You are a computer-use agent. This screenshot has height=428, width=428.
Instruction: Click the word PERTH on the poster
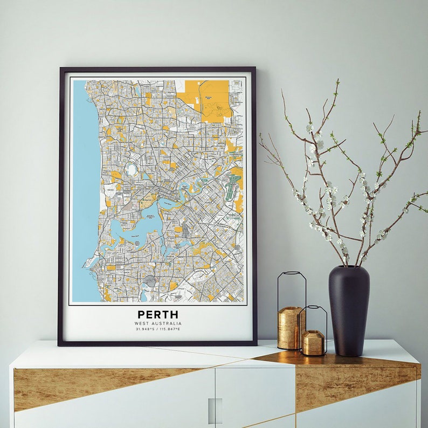157,314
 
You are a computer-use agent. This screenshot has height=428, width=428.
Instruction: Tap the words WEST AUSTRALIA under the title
158,323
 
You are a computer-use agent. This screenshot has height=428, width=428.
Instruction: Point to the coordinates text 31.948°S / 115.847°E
158,328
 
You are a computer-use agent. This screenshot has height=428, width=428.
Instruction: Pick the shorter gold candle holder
313,342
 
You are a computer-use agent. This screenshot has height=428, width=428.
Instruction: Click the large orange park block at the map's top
208,97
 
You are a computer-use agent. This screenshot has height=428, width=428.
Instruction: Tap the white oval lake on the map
131,170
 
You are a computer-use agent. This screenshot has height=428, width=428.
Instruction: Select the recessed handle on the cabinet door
215,410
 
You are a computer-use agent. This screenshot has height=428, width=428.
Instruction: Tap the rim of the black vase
349,268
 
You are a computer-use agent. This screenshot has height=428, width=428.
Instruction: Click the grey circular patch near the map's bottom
150,280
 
